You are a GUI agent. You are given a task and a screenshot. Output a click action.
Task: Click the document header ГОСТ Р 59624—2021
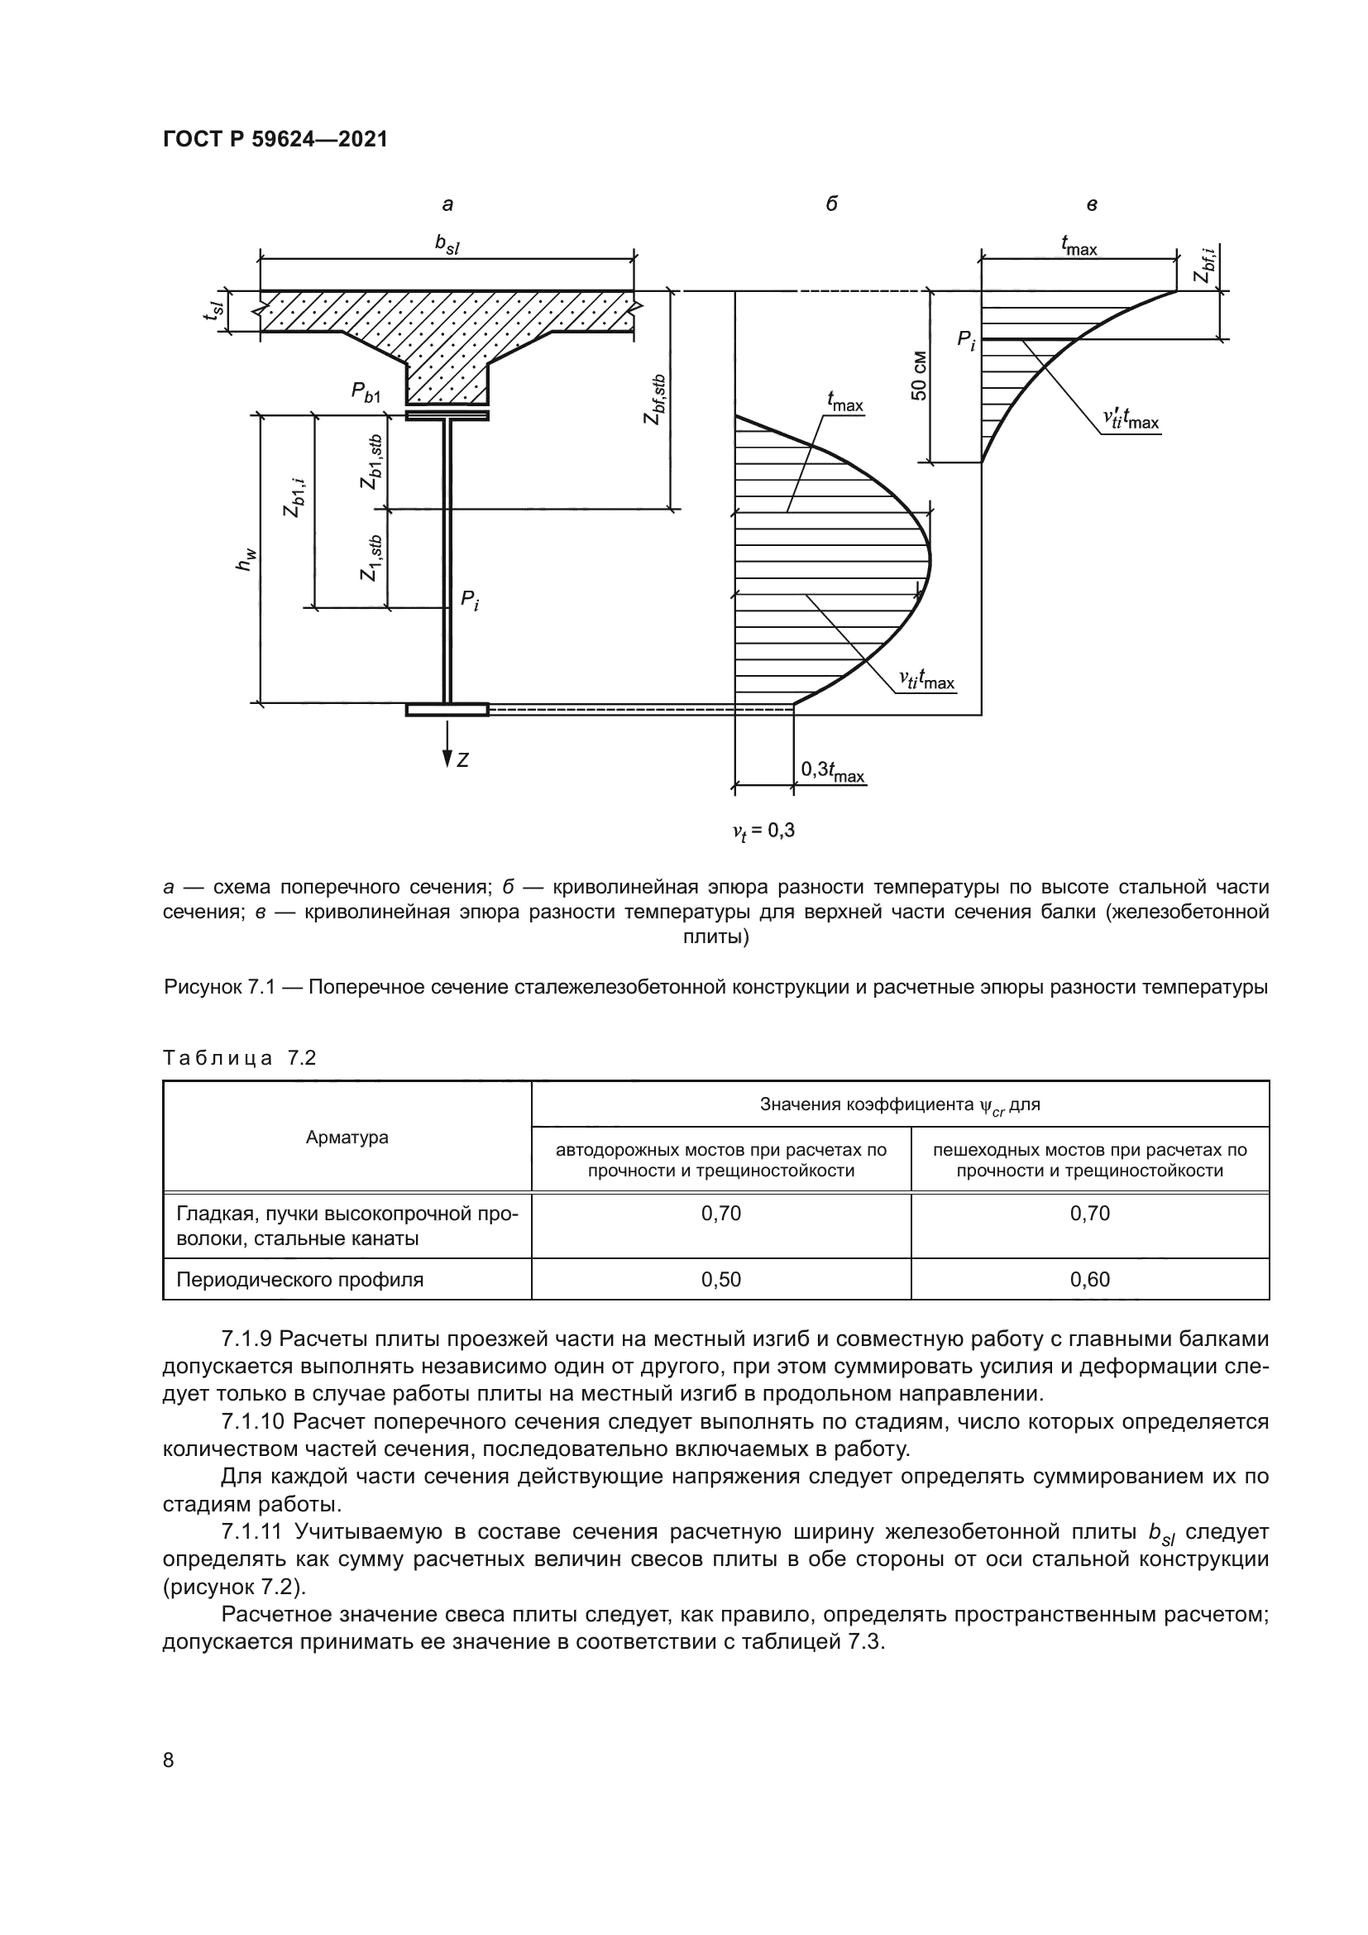tap(275, 140)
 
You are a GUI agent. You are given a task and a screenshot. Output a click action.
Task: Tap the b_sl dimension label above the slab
tap(447, 243)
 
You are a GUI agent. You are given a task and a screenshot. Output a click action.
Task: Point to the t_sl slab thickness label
tap(215, 311)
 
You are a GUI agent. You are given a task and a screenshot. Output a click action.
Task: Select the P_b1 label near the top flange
tap(366, 393)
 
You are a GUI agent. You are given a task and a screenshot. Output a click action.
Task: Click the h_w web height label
tap(246, 559)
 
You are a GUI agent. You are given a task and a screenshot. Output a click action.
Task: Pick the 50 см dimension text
tap(918, 375)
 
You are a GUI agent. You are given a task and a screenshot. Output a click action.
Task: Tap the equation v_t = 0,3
tap(763, 831)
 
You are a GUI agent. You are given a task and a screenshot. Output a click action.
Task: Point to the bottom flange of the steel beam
tap(447, 710)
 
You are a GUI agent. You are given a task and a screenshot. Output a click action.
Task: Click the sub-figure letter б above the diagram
tap(831, 204)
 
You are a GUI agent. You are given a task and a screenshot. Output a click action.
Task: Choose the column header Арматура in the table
tap(347, 1137)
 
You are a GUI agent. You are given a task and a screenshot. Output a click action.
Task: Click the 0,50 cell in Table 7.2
tap(721, 1279)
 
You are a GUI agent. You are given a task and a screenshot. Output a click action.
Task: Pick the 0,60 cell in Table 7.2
tap(1090, 1279)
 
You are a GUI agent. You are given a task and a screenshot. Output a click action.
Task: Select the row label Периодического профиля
tap(299, 1279)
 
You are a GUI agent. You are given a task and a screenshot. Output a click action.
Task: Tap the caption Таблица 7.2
tap(239, 1058)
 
